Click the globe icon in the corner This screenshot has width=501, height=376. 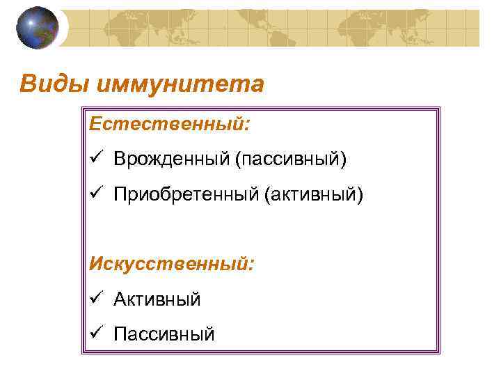[x=38, y=27]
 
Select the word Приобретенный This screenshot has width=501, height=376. [x=185, y=194]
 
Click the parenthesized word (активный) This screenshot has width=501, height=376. [x=312, y=194]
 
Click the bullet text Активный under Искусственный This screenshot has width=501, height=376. [x=157, y=299]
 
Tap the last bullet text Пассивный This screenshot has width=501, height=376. [x=164, y=335]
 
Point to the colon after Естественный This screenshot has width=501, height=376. [x=247, y=125]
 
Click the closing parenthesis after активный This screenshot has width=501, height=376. [x=360, y=194]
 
